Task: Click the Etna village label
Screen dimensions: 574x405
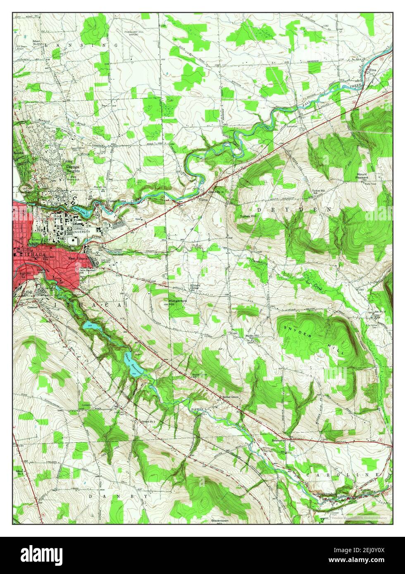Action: coord(374,70)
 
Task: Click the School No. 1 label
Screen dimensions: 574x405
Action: coord(148,421)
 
